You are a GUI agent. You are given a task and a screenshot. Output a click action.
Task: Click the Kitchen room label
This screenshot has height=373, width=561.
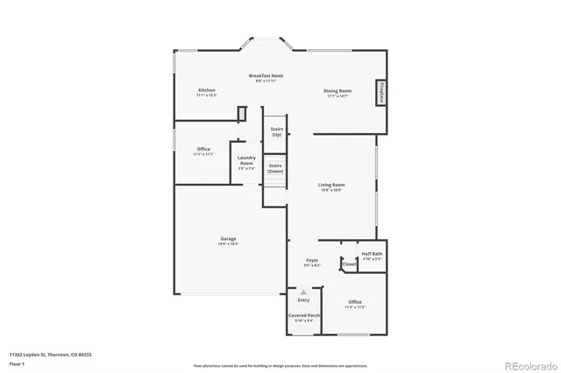206,91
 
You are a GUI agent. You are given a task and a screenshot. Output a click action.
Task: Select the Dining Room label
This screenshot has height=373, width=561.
337,92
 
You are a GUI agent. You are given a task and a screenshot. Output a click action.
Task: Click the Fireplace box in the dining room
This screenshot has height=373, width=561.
381,91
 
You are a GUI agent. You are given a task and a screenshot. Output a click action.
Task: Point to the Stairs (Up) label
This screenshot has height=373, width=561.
276,132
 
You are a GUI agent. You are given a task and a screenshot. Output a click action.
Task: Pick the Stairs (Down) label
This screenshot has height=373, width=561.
275,168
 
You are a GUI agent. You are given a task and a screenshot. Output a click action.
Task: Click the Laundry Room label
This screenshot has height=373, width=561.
246,160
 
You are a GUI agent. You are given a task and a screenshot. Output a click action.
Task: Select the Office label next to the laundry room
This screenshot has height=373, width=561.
203,151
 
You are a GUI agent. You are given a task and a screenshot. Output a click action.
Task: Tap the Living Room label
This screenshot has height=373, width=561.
330,186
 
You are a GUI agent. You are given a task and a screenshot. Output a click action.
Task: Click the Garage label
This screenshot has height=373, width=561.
228,240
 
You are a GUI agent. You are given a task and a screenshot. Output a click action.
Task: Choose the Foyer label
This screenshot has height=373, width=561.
312,262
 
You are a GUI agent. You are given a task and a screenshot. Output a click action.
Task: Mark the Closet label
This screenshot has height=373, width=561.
349,264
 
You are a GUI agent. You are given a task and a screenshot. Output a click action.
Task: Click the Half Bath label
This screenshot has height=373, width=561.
372,256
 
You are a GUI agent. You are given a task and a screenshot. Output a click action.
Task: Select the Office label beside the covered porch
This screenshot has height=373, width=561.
355,304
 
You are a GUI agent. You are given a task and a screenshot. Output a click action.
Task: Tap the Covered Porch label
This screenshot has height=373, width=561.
304,316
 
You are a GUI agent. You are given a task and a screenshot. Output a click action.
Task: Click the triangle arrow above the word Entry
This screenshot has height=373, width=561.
303,292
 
